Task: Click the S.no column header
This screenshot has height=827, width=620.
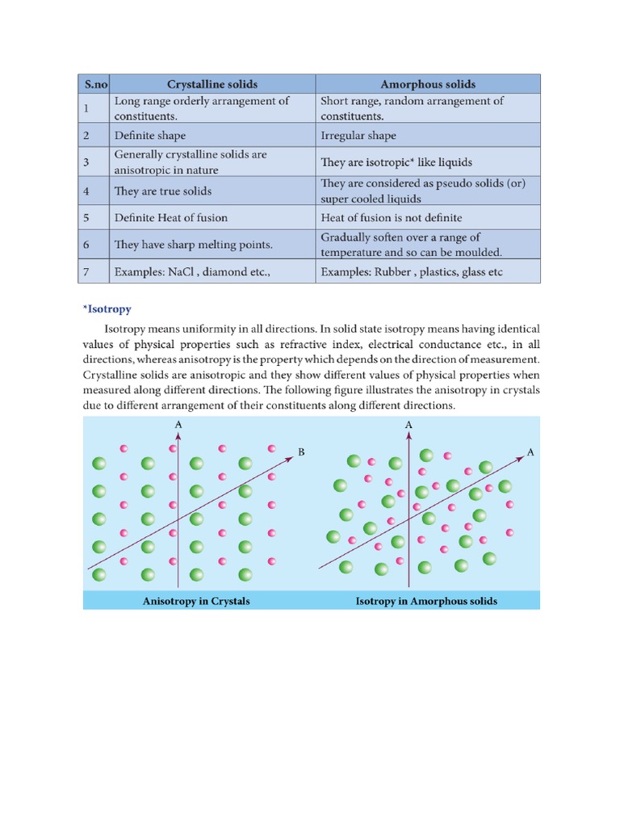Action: tap(94, 84)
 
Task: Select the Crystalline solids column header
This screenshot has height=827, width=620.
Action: tap(212, 84)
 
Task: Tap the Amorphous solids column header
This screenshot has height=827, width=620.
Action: tap(427, 84)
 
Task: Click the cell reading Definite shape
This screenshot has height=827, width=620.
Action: tap(155, 136)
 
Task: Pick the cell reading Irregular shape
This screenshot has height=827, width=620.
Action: tap(358, 136)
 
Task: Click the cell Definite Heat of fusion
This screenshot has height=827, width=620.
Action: tap(171, 217)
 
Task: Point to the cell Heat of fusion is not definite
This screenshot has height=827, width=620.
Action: tap(392, 217)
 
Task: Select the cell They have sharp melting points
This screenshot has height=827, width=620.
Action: tap(194, 244)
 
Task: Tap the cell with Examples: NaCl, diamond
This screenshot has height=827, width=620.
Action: tap(192, 272)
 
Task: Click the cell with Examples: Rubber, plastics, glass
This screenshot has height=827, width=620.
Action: tap(412, 272)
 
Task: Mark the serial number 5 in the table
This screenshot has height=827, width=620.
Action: tap(86, 217)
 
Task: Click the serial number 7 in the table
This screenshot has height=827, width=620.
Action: tap(86, 272)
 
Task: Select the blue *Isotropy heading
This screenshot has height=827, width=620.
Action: tap(107, 309)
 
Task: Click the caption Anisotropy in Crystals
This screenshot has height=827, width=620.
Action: tap(196, 601)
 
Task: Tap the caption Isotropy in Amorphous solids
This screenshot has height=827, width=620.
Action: tap(426, 601)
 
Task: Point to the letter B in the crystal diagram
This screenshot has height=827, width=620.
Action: tap(301, 452)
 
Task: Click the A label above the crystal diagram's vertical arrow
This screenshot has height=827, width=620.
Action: tap(177, 424)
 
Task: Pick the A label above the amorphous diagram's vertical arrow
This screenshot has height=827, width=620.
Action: tap(408, 424)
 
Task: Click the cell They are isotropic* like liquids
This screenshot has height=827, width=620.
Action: tap(396, 162)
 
